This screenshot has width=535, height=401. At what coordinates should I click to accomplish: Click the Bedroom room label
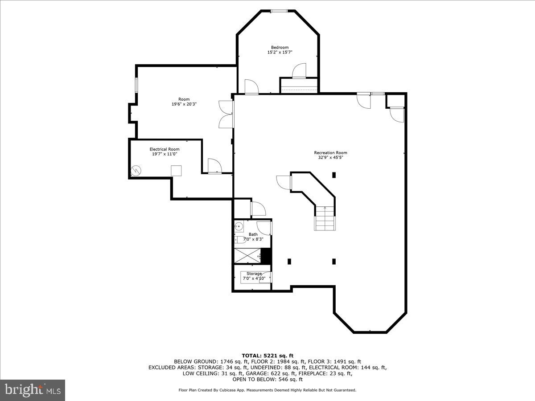280,47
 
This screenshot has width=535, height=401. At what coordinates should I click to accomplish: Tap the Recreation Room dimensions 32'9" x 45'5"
330,157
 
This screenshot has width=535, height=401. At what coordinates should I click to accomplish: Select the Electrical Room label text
165,149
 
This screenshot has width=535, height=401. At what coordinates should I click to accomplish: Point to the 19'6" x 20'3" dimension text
184,104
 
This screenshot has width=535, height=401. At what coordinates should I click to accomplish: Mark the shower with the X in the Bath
247,256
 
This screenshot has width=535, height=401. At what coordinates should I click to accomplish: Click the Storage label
254,274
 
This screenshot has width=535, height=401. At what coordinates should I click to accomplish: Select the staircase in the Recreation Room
325,219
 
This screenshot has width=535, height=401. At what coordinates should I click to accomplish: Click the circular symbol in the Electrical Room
136,170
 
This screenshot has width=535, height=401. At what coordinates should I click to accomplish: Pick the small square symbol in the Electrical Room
177,171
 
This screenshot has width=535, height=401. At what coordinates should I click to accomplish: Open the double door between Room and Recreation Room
226,115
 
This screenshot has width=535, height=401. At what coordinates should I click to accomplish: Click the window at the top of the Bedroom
280,11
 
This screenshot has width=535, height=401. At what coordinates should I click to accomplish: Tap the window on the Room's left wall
136,85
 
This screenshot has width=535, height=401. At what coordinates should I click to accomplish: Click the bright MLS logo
33,390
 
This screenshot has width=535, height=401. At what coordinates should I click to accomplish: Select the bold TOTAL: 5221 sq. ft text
267,355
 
